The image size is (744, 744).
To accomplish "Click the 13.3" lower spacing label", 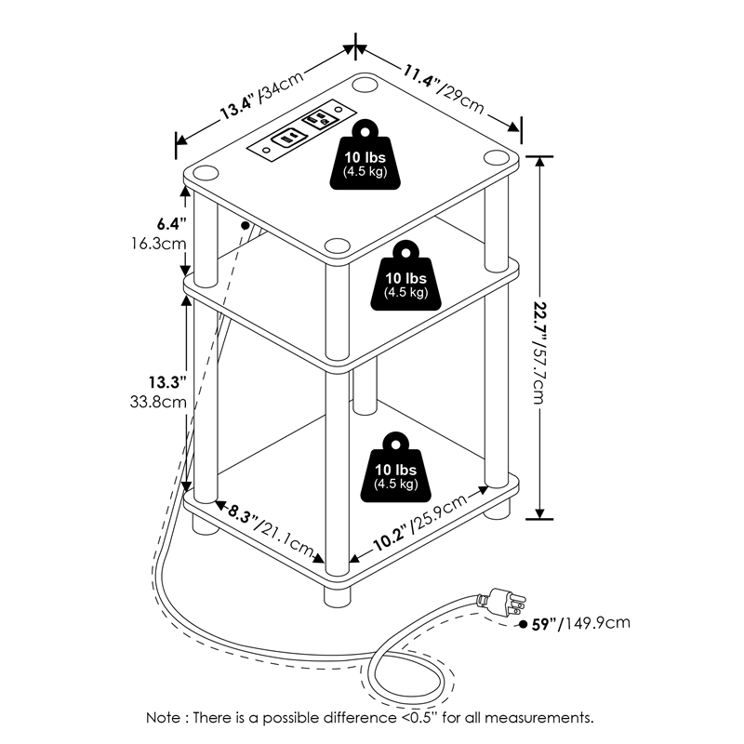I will coord(167,381).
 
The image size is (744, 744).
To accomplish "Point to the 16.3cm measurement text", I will coord(160,244).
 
